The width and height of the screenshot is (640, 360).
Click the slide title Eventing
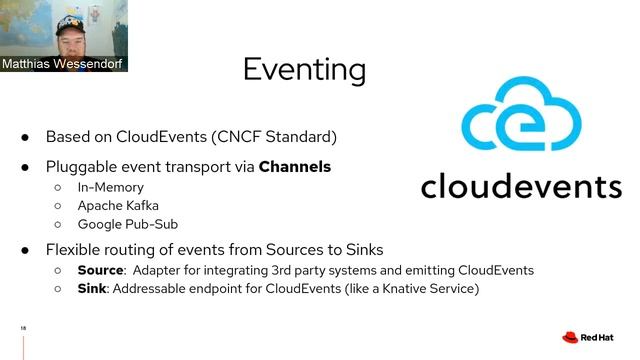pyautogui.click(x=304, y=69)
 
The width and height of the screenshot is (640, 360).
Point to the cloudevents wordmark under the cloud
pyautogui.click(x=520, y=185)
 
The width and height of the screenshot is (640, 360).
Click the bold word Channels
pyautogui.click(x=295, y=166)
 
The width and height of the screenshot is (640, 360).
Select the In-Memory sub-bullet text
pyautogui.click(x=111, y=187)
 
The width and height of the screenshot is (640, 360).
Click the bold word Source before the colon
pyautogui.click(x=100, y=270)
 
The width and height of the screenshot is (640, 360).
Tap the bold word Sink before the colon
pyautogui.click(x=92, y=289)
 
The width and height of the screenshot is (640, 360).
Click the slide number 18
pyautogui.click(x=22, y=327)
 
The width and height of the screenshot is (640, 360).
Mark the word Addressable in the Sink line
pyautogui.click(x=151, y=289)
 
